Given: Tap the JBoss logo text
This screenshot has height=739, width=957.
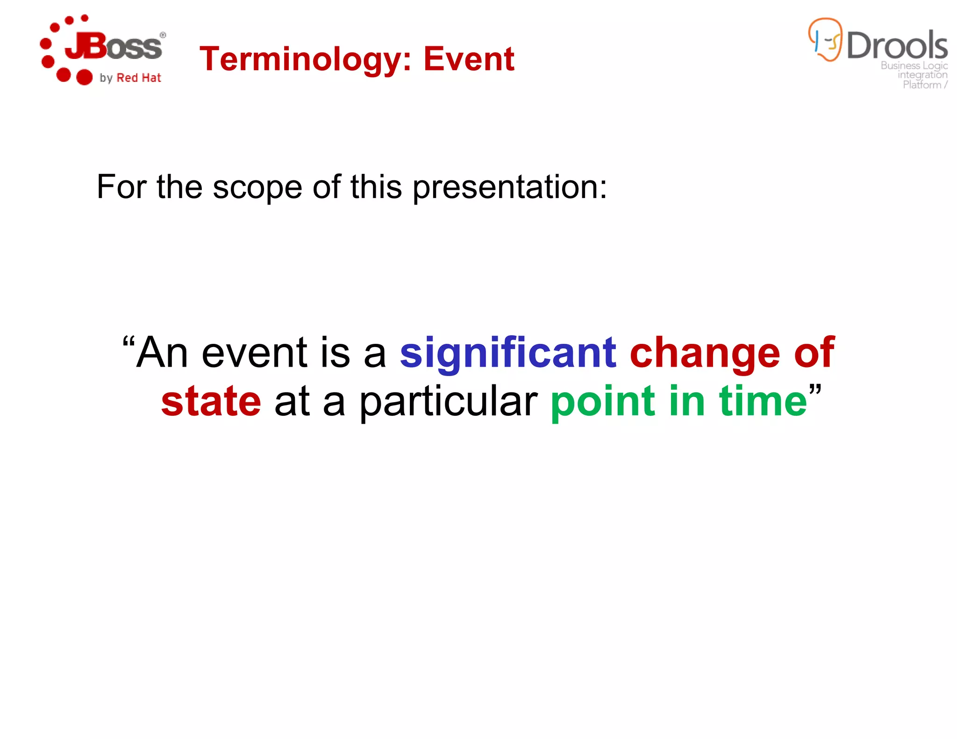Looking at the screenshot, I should [114, 47].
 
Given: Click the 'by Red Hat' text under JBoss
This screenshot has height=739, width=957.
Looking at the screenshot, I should [130, 78].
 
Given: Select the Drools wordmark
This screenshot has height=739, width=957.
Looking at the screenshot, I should [897, 46].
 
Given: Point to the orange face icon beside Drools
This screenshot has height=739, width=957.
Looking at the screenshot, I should [825, 40].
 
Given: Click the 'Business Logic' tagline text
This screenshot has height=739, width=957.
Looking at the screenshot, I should [914, 65].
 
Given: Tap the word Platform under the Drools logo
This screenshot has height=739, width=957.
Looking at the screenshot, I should [921, 85].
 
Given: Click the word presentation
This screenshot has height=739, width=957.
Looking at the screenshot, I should [509, 187].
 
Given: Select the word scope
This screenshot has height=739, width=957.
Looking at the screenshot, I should [257, 187].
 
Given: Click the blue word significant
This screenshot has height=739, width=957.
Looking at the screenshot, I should [508, 353].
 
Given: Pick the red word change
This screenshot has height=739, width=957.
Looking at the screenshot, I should [705, 353].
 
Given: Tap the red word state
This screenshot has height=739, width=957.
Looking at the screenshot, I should [211, 401].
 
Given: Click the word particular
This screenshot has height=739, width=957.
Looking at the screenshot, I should [448, 402].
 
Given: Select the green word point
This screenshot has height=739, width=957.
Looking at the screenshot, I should [603, 402].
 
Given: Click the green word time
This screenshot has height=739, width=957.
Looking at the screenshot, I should [763, 401].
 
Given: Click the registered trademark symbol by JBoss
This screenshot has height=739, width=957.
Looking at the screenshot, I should [163, 35].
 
